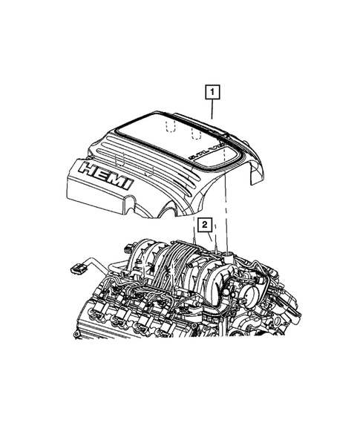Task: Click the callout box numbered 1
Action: click(212, 92)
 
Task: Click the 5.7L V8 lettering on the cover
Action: click(204, 152)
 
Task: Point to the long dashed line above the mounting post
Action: click(226, 215)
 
